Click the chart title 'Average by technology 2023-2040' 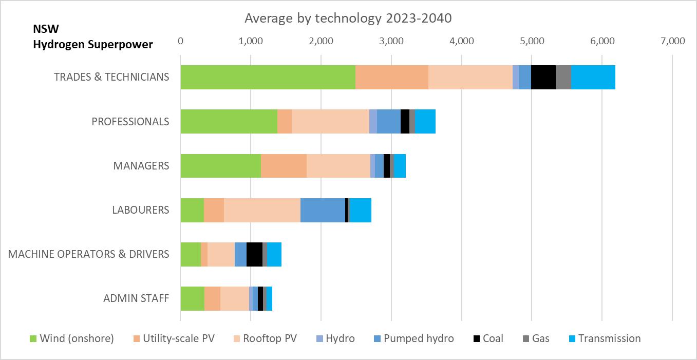(348, 18)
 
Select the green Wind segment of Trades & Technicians (268, 78)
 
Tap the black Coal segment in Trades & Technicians (543, 78)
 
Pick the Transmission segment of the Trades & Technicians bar (593, 78)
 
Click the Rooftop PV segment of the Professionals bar (330, 122)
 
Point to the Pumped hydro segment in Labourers (323, 210)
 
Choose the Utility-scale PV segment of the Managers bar (284, 166)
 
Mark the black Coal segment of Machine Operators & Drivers (254, 254)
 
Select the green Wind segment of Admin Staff (192, 298)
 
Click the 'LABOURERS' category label (140, 210)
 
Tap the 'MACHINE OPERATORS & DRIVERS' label (88, 254)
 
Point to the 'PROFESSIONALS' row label (130, 122)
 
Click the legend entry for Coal (488, 338)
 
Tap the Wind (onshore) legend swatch (34, 338)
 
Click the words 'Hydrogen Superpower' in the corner (93, 45)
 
